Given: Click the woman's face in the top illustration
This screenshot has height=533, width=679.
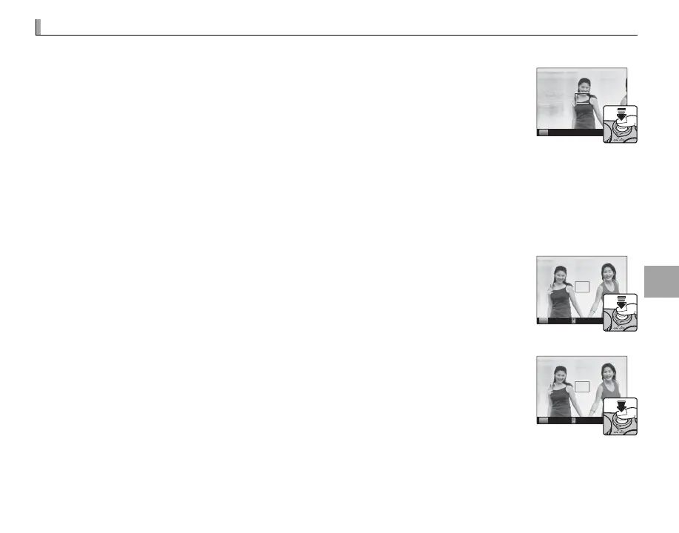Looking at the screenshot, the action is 584,86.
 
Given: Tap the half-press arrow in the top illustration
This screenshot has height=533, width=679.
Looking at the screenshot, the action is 620,115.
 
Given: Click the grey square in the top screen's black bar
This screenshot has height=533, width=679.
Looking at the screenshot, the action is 543,133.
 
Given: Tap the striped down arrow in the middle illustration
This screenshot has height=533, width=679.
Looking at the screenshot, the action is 621,301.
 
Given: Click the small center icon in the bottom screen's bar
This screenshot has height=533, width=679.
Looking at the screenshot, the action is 573,420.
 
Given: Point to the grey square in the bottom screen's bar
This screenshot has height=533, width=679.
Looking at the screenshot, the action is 543,420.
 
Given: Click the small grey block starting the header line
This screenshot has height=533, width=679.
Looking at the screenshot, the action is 38,27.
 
